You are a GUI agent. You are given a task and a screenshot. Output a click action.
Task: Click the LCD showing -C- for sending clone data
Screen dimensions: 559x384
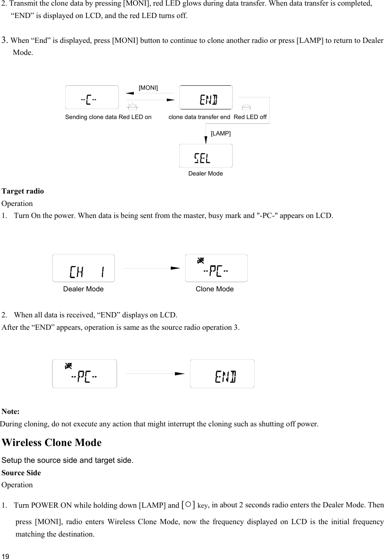click(92, 97)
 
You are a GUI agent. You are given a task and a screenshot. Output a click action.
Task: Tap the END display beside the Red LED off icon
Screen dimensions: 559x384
click(206, 97)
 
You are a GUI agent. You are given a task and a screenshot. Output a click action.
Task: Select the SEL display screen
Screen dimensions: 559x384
click(206, 156)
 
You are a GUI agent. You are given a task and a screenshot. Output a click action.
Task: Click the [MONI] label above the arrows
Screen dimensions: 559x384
click(148, 88)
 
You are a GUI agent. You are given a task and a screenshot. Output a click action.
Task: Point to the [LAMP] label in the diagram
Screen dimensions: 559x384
click(220, 133)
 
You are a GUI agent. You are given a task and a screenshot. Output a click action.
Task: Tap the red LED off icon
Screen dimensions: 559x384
click(247, 107)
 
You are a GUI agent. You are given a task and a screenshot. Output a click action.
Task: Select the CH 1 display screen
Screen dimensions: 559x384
click(83, 268)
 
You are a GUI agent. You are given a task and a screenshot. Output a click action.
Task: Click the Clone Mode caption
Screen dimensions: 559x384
click(214, 289)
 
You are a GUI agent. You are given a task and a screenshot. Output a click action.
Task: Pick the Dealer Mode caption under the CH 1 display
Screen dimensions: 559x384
click(83, 289)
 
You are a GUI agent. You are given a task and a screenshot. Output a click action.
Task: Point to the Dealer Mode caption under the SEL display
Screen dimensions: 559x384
click(205, 174)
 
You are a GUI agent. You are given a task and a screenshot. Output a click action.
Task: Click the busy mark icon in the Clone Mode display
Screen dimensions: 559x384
click(201, 261)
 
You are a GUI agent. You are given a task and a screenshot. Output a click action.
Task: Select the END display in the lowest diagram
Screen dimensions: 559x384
click(222, 374)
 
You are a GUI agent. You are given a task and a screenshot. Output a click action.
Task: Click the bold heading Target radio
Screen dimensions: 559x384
click(23, 191)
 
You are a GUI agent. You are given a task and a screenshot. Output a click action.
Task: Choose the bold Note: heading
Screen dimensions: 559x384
click(11, 412)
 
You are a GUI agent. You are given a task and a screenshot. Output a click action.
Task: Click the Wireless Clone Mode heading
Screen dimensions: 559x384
click(52, 443)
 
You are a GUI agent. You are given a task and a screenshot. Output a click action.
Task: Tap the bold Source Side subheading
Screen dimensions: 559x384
click(21, 473)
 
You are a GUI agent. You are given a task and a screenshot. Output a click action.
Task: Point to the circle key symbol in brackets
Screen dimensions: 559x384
click(188, 504)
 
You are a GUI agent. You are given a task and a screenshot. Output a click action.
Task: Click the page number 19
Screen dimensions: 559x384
click(6, 556)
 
